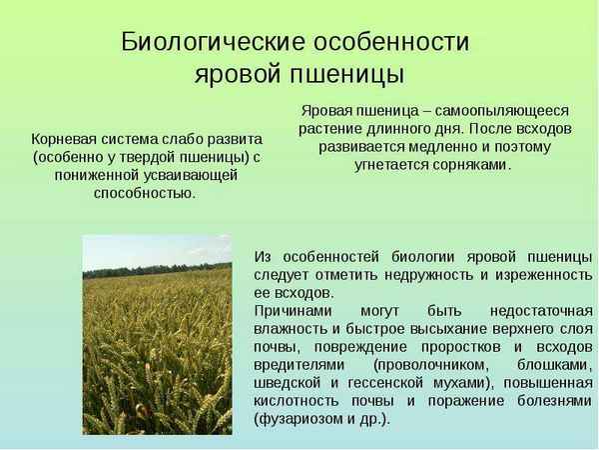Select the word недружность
[421, 275]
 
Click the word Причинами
[293, 311]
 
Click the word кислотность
[299, 401]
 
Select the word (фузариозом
[299, 419]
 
